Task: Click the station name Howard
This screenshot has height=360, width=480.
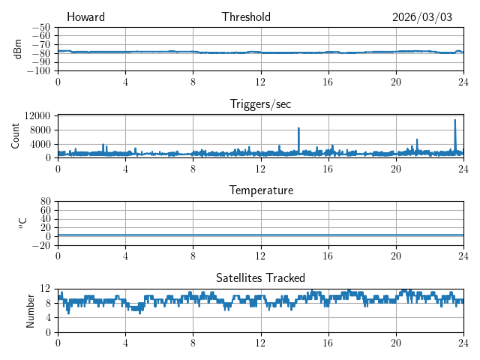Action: pos(85,17)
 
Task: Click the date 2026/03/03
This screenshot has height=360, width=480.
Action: pos(422,17)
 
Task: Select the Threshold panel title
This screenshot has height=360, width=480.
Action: pos(246,17)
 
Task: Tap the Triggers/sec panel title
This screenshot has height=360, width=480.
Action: pos(260,104)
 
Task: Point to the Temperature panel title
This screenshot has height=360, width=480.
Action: pos(260,190)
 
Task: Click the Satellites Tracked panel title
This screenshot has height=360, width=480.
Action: pos(260,277)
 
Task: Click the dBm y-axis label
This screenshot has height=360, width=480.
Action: pos(18,48)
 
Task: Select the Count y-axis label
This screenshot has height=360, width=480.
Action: pos(15,136)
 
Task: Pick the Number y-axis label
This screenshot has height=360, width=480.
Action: pos(30,310)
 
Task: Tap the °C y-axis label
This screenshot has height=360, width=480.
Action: pos(23,223)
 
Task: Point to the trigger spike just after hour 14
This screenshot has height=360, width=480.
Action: pos(298,128)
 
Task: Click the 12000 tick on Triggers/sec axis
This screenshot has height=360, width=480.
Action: pos(37,115)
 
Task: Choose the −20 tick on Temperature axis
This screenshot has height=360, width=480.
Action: pos(40,245)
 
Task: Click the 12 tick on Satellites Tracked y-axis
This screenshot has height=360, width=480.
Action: pos(45,289)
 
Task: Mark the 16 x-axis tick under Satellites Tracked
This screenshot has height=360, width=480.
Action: pos(328,342)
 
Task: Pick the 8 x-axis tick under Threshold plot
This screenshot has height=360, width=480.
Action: pos(193,81)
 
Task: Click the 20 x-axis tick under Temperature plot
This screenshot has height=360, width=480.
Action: pos(396,255)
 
